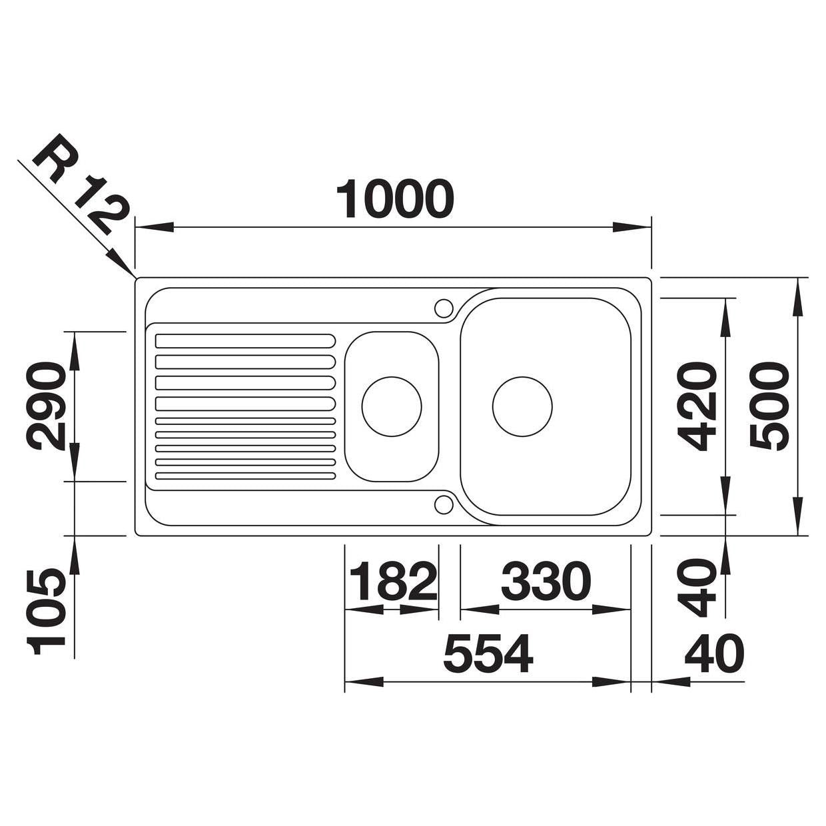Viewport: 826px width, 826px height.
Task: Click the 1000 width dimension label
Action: coord(395,199)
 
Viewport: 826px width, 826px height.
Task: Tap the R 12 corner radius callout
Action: coord(79,185)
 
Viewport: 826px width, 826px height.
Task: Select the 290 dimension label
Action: coord(46,406)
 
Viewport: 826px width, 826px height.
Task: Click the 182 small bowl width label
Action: coord(394,582)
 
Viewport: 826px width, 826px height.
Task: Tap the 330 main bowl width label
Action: coord(546,582)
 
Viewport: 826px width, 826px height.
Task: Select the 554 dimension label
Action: coord(488,653)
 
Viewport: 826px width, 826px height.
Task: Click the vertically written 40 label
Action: coord(697,588)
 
